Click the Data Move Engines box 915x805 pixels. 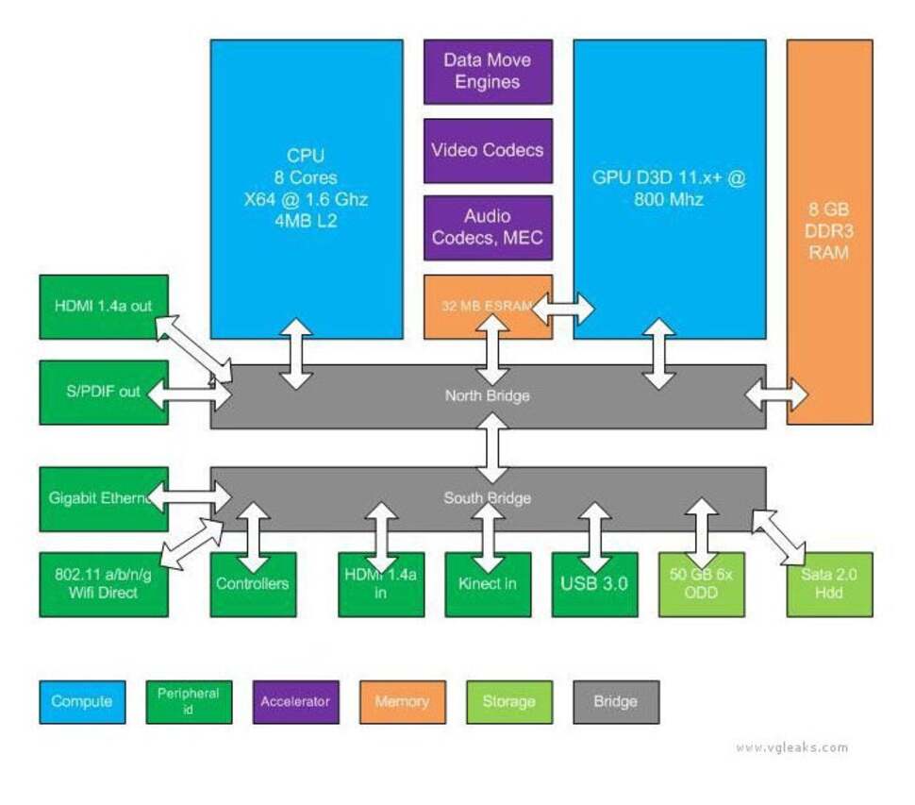[488, 71]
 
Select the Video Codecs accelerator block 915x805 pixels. [488, 150]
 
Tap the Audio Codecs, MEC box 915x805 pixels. [488, 227]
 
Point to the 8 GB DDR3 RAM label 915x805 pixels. [829, 231]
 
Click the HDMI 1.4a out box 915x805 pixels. [104, 306]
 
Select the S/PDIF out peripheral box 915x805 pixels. [104, 392]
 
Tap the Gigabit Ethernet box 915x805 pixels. [99, 498]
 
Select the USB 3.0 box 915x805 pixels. [594, 584]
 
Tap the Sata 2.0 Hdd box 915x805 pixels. [829, 584]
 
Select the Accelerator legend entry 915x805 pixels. [295, 701]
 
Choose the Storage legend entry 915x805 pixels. [509, 701]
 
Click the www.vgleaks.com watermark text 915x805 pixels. [791, 747]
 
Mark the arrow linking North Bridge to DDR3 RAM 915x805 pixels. [776, 395]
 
